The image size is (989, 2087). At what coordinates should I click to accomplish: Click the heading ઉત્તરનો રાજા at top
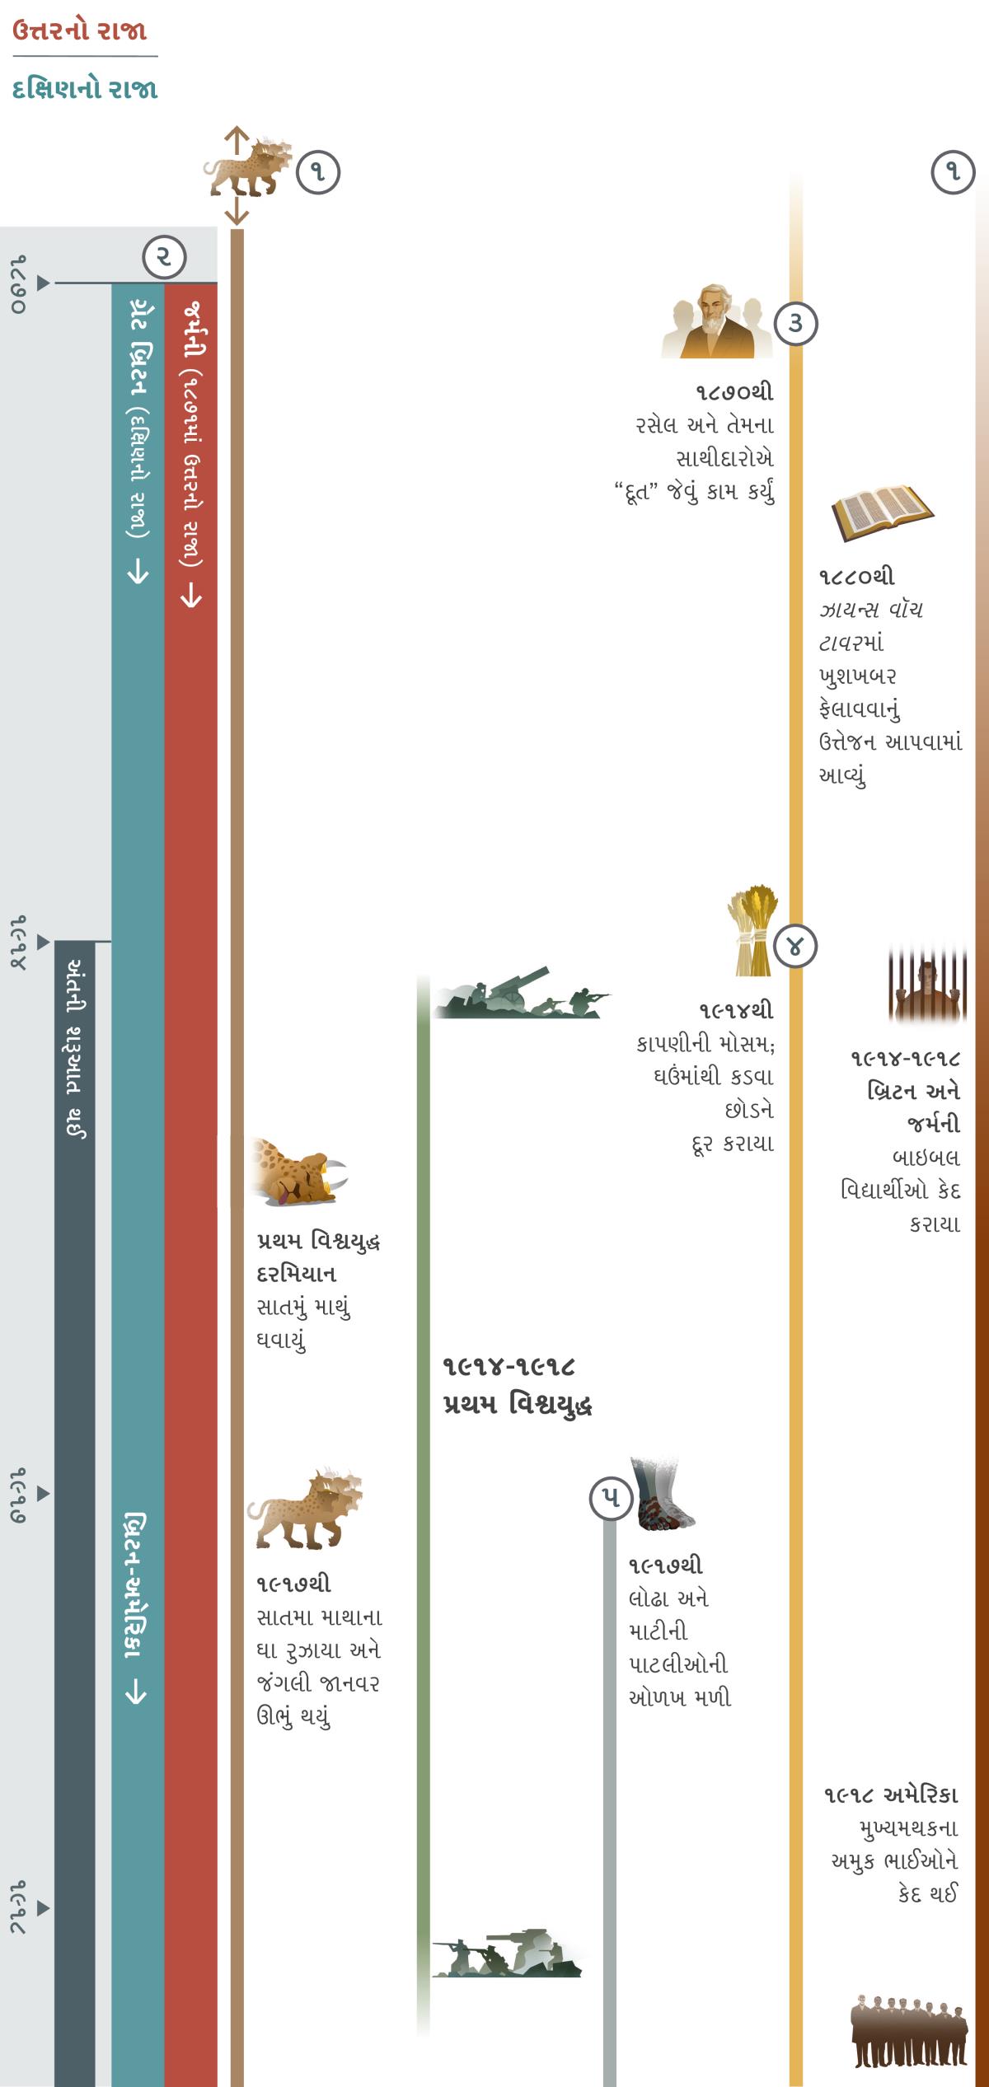click(79, 31)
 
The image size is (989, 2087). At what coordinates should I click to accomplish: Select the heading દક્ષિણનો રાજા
click(85, 89)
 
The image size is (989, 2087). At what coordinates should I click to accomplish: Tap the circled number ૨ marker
click(164, 257)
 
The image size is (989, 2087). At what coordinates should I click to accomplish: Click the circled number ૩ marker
click(795, 323)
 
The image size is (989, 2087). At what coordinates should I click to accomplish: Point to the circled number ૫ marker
click(611, 1499)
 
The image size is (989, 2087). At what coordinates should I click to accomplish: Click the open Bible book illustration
click(882, 511)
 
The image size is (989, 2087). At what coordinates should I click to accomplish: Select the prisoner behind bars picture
click(926, 984)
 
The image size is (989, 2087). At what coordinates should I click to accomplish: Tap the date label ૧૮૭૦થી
click(734, 392)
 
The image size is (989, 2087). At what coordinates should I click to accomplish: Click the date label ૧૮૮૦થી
click(856, 577)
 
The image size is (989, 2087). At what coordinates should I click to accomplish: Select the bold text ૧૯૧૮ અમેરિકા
click(890, 1795)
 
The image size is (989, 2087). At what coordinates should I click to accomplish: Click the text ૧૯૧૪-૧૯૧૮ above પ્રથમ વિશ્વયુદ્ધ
click(508, 1367)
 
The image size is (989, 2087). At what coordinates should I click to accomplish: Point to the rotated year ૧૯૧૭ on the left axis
click(18, 1493)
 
